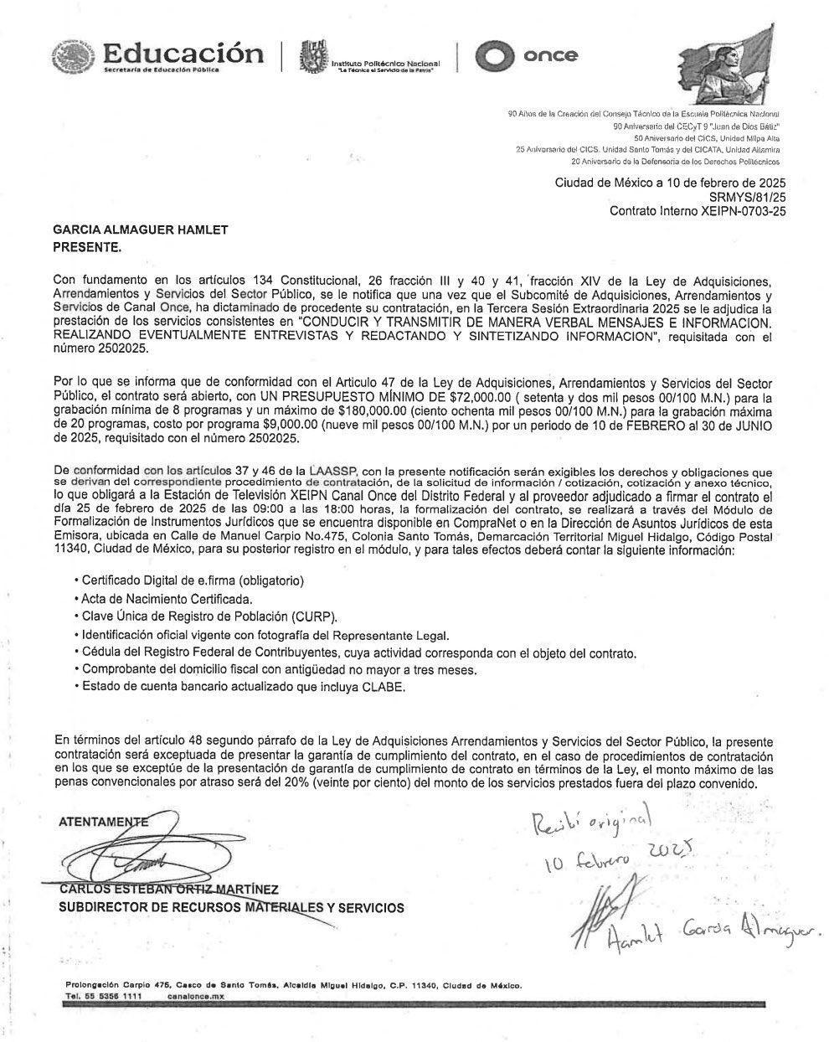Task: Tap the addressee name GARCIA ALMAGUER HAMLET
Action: point(141,230)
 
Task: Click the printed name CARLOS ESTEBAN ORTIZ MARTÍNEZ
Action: point(167,889)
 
